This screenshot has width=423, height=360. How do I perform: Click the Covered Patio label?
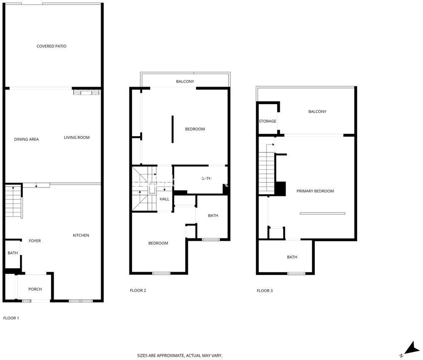[52, 46]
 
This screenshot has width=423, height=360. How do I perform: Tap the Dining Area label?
[27, 139]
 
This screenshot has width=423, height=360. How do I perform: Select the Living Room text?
[77, 137]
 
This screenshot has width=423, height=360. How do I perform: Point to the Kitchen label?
[81, 235]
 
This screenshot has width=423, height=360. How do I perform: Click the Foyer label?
[35, 241]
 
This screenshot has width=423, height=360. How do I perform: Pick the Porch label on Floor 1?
[35, 289]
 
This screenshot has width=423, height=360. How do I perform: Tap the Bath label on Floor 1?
[12, 253]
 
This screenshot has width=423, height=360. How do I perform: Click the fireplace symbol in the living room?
[86, 92]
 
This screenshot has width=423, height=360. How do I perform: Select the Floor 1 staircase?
[13, 201]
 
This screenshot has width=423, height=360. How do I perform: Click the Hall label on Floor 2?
[164, 199]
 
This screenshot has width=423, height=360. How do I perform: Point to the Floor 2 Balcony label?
[185, 81]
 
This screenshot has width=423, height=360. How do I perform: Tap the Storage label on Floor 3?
[268, 121]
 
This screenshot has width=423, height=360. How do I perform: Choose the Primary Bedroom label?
[315, 191]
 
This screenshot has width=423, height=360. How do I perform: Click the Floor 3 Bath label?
[292, 257]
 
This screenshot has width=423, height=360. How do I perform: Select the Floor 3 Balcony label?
[317, 112]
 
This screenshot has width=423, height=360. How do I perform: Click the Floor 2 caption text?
[138, 290]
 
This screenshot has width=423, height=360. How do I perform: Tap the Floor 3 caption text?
[265, 290]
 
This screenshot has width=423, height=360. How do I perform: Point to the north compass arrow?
[412, 348]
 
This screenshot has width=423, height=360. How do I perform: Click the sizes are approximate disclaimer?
[180, 356]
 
